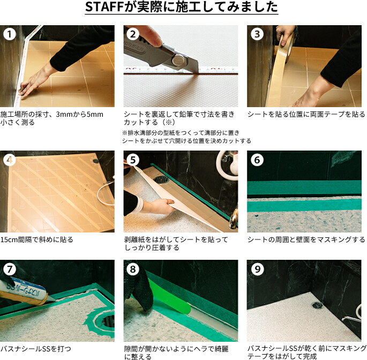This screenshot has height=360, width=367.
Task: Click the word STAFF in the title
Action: click(x=104, y=7)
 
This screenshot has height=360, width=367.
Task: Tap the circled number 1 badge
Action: click(x=10, y=34)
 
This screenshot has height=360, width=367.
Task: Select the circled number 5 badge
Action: click(x=133, y=160)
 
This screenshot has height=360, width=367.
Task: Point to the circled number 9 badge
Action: click(x=257, y=269)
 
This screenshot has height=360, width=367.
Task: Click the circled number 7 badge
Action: click(x=10, y=269)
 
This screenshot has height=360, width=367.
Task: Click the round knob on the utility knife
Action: click(x=178, y=60)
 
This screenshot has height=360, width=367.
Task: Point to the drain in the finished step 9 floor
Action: click(x=317, y=305)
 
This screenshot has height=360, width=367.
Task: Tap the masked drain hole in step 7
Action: click(x=107, y=321)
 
